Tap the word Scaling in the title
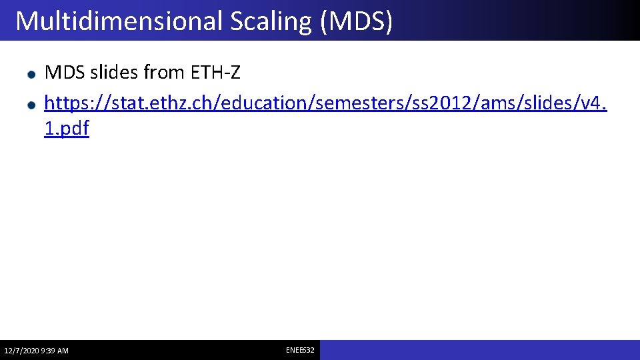[271, 21]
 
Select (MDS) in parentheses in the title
[356, 21]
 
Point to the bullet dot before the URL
[31, 105]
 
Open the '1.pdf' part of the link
[66, 129]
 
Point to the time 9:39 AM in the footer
[55, 351]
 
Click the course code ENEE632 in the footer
[300, 350]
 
